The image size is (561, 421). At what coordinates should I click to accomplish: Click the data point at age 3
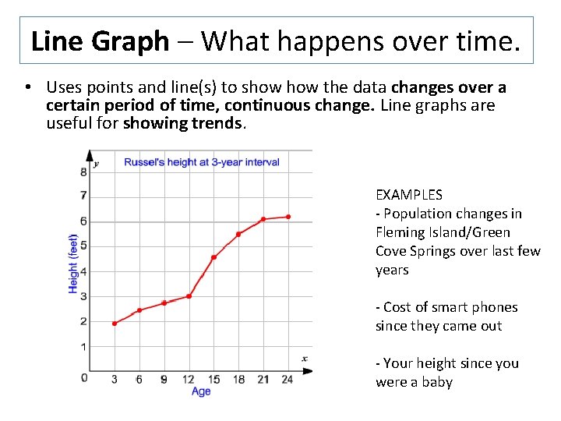click(x=115, y=323)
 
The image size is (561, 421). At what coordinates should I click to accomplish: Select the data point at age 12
click(x=189, y=296)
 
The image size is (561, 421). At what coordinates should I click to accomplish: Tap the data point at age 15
click(x=213, y=257)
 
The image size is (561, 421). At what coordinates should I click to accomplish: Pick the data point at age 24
click(x=288, y=217)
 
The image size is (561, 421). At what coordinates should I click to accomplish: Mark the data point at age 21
click(x=263, y=219)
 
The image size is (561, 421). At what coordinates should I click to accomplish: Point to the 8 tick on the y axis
click(x=83, y=172)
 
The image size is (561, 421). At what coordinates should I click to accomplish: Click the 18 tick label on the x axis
click(x=238, y=380)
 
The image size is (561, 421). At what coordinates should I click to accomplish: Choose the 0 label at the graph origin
click(x=84, y=378)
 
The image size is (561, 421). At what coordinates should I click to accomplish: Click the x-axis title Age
click(x=201, y=391)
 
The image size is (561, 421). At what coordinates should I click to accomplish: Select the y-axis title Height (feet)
click(x=73, y=264)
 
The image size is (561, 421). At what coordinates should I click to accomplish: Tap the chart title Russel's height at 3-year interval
click(x=202, y=162)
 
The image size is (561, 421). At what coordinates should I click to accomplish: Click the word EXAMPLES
click(x=408, y=195)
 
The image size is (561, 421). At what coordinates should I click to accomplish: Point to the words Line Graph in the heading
click(x=100, y=41)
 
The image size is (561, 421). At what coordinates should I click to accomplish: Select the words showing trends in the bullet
click(x=184, y=123)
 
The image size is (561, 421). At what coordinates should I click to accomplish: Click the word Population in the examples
click(x=421, y=214)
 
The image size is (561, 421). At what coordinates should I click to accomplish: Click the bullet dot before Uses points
click(x=26, y=87)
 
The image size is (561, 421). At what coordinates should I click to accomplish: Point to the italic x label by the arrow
click(x=305, y=359)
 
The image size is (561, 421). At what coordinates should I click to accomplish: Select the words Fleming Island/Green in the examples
click(x=443, y=232)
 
